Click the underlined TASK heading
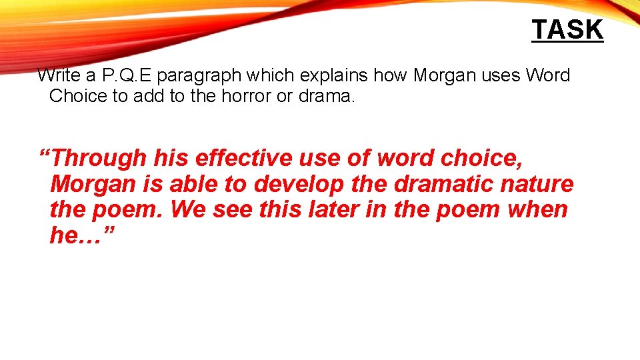(567, 30)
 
